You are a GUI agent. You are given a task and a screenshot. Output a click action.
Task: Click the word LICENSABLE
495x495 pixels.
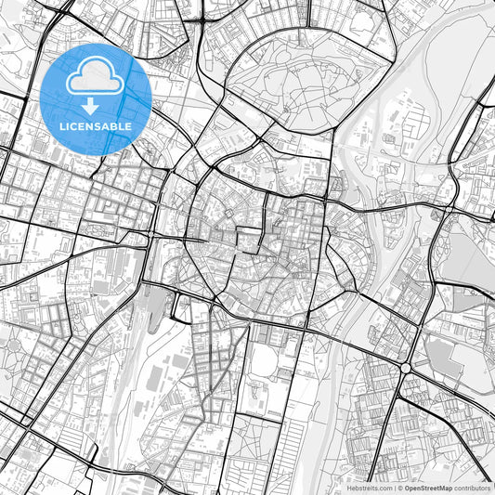[x=97, y=125]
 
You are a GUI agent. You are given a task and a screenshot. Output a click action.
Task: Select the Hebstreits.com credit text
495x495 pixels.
[x=370, y=487]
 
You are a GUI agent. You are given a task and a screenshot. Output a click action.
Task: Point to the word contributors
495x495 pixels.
[x=473, y=487]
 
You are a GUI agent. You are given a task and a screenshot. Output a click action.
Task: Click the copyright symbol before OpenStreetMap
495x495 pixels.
[x=399, y=487]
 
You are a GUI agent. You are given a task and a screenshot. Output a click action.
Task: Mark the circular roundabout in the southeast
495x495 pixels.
[x=405, y=369]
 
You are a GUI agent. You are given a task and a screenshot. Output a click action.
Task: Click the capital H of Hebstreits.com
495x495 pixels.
[x=349, y=487]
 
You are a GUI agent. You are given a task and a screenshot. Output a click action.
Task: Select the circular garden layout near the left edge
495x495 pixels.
[x=13, y=348]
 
